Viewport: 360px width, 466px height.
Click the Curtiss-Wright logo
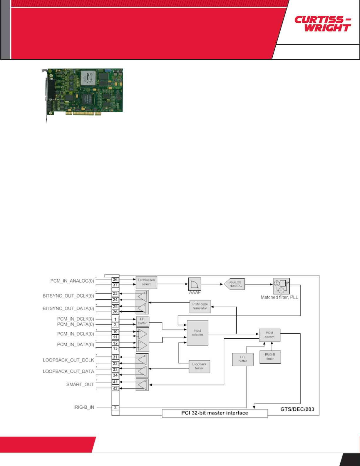coord(323,24)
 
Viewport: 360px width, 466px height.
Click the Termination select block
coord(146,282)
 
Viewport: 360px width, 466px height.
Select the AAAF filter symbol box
coord(195,284)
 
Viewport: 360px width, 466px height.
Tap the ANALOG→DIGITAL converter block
coord(235,284)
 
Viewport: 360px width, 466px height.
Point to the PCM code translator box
coord(200,306)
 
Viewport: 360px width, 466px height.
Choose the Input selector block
coord(197,333)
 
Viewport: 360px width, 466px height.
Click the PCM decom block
coord(269,335)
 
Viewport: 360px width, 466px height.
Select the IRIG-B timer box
coord(270,357)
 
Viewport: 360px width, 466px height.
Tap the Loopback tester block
coord(199,366)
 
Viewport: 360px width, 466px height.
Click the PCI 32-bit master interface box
coord(215,413)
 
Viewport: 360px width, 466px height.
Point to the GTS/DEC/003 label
coord(297,409)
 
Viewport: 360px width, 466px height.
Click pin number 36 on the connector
coord(115,280)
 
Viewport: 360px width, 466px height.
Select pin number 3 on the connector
coord(115,407)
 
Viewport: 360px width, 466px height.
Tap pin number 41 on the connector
coord(115,382)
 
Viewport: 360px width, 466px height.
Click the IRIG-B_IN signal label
coord(84,407)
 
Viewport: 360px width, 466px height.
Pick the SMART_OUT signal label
coord(80,385)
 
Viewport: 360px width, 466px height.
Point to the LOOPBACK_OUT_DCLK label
coord(68,360)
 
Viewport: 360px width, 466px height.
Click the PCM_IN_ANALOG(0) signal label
coord(72,281)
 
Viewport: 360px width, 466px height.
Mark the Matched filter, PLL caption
coord(279,297)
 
